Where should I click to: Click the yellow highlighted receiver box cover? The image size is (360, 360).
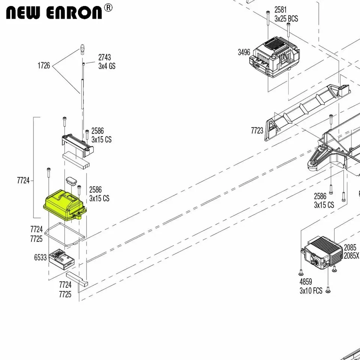coord(64,205)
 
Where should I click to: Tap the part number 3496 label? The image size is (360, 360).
coord(244,52)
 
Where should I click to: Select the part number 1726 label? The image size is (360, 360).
coord(43,66)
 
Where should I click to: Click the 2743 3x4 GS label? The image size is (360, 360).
coord(106,62)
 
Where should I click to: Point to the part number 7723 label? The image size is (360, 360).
coord(257,130)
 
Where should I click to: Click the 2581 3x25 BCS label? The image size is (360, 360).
coord(286,14)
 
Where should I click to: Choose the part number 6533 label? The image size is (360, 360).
coord(40,257)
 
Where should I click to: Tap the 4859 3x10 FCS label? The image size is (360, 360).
coord(310,286)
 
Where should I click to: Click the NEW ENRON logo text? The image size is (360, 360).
coord(54,13)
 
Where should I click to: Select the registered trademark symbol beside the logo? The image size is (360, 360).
coord(108,7)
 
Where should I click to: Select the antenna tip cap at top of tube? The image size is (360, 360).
coord(82,49)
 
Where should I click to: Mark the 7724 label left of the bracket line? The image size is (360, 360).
coord(23,180)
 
